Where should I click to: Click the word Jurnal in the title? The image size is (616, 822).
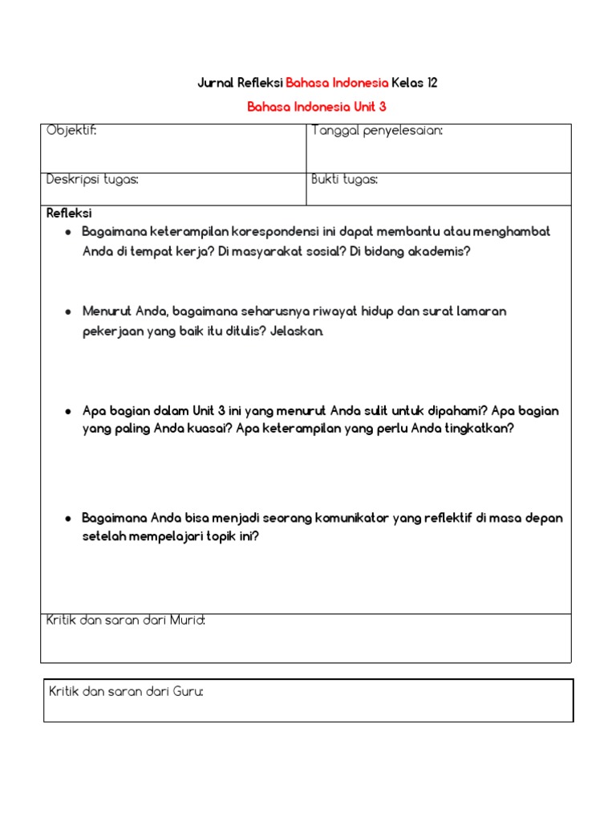[x=216, y=83]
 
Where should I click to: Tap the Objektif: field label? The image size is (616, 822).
[x=71, y=131]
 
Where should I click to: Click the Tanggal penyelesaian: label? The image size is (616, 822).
[x=377, y=131]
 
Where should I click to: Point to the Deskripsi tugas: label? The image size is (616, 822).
[x=92, y=179]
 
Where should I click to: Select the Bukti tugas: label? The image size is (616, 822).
[x=345, y=179]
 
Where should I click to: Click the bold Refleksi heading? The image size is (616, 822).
[x=69, y=214]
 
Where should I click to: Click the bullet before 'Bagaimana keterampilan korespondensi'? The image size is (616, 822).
[x=69, y=232]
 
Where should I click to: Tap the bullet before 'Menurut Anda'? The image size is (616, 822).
[x=69, y=311]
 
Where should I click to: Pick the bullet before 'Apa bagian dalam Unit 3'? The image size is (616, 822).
[x=69, y=411]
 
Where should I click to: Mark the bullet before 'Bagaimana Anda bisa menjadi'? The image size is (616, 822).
[x=69, y=519]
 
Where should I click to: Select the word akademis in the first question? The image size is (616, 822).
[x=442, y=250]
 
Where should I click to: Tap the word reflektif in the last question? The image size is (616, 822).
[x=444, y=518]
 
